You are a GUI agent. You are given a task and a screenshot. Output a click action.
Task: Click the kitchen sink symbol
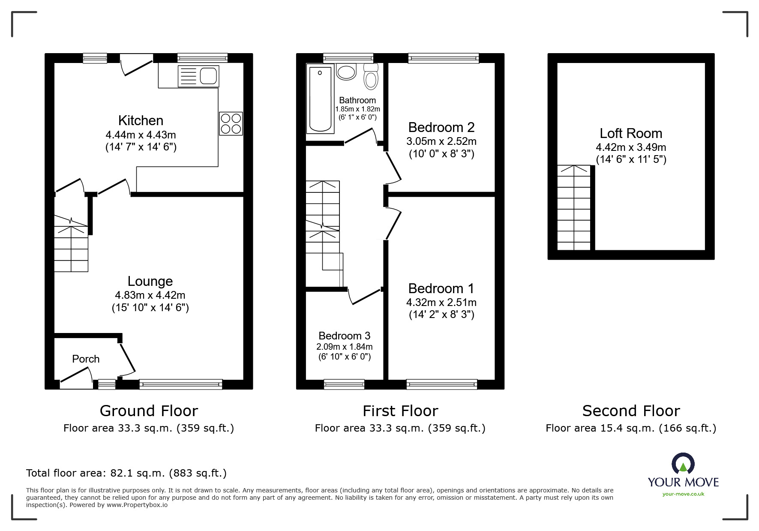click(198, 76)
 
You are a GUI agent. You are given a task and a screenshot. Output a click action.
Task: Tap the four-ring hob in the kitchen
click(231, 123)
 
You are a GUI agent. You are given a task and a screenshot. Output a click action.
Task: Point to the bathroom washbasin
click(346, 72)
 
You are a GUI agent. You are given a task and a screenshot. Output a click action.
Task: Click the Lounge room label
click(150, 281)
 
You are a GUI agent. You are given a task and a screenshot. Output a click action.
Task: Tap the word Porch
click(86, 359)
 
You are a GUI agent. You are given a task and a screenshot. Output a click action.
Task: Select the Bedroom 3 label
click(344, 336)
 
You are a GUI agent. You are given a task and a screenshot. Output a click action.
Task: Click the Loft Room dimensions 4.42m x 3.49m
click(631, 147)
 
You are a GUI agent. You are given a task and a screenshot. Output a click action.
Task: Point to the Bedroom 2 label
click(441, 127)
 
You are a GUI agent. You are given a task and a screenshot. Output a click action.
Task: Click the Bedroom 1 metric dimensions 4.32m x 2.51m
click(441, 302)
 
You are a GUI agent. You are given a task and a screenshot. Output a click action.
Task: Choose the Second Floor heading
click(631, 411)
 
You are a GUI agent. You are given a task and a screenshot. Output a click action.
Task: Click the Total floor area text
click(126, 473)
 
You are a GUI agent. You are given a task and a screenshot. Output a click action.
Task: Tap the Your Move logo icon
click(683, 464)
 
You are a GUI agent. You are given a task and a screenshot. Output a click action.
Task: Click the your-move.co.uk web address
click(683, 494)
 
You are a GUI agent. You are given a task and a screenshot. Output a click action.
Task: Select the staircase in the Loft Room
click(574, 208)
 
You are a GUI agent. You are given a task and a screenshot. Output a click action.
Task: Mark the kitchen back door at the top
click(136, 64)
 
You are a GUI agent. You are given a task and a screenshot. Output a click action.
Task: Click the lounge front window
click(181, 384)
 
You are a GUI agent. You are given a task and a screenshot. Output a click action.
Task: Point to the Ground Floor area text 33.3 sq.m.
click(149, 428)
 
